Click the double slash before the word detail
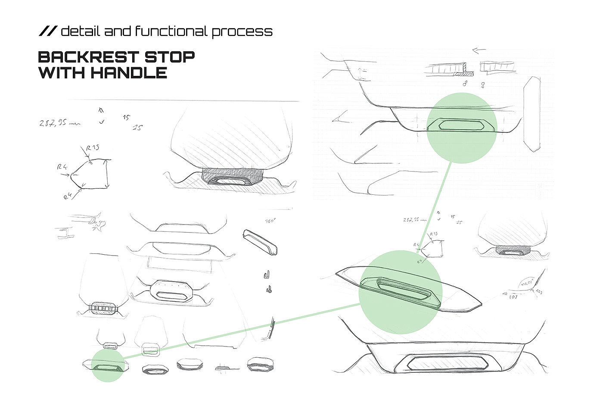tap(47, 31)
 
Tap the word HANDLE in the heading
tap(129, 72)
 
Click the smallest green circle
tap(108, 365)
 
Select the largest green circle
tap(400, 292)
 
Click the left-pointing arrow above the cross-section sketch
tap(479, 50)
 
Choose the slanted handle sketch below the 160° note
tap(260, 242)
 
